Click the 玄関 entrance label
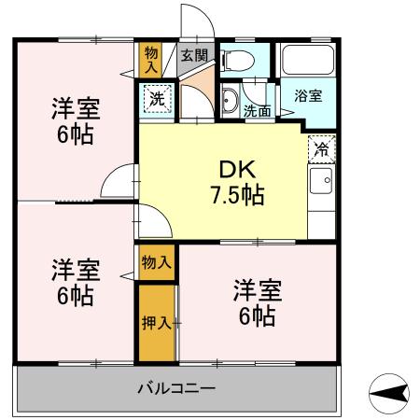193,55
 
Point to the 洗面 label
258,110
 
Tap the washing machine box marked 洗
155,97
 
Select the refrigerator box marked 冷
322,147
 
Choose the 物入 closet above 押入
156,262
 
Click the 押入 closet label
156,323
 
